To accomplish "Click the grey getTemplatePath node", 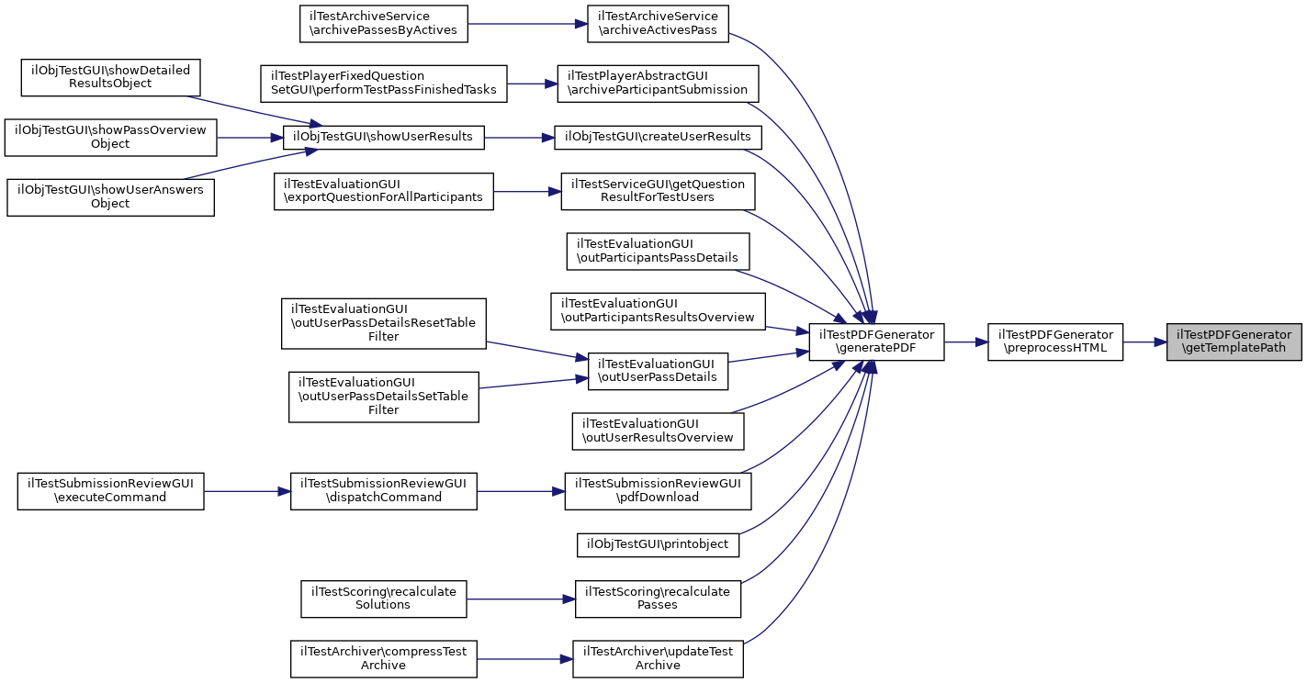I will [x=1234, y=341].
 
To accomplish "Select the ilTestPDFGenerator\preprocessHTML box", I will [x=1054, y=341].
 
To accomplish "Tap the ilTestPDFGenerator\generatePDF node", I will [x=875, y=341].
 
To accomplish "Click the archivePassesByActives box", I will [x=383, y=24].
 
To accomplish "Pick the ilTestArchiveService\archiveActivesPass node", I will [x=658, y=24].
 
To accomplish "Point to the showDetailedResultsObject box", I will [x=110, y=77].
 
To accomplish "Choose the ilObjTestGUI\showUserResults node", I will [x=382, y=137].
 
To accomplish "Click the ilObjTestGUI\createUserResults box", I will [x=658, y=137].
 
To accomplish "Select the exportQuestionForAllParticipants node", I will [x=383, y=191].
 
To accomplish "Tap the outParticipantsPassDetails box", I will [x=658, y=251].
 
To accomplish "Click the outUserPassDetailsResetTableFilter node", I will [x=383, y=322].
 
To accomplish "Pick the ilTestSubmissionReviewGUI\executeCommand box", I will [x=110, y=490].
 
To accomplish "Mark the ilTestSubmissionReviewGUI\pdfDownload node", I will [x=658, y=490].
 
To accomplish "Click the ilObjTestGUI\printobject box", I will [x=658, y=544].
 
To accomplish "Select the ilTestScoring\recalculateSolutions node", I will [x=383, y=598].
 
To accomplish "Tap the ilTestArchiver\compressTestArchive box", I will [x=383, y=658].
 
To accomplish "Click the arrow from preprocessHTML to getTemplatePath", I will [x=1144, y=341].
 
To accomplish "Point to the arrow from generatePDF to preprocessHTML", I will [x=965, y=341].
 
